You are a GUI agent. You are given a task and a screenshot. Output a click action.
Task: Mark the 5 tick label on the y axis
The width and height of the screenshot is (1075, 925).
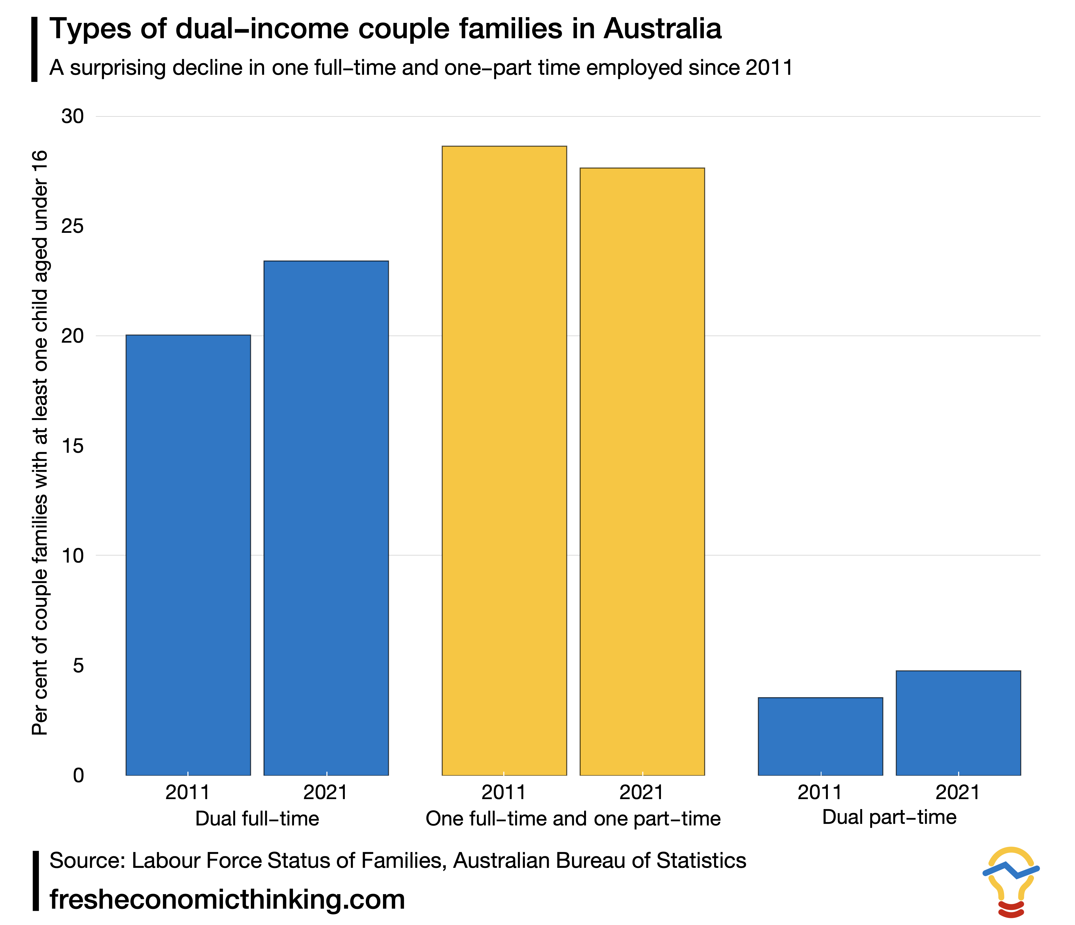[78, 666]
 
